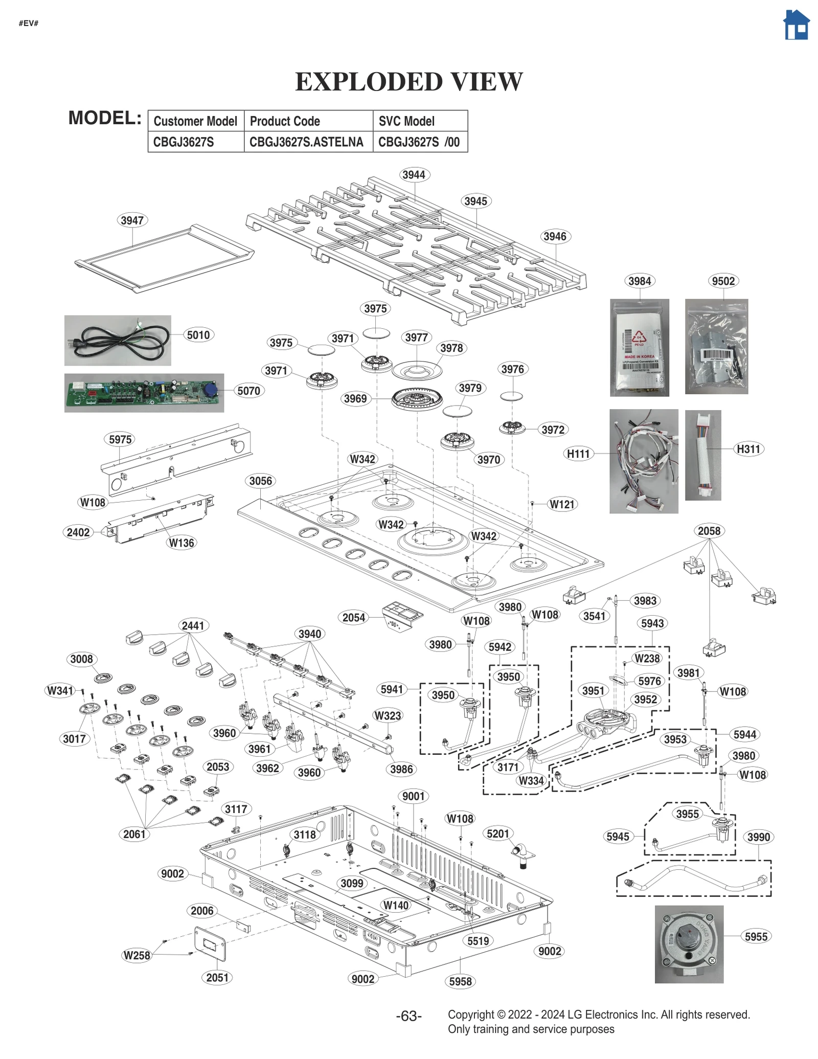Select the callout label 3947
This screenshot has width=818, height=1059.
coord(132,220)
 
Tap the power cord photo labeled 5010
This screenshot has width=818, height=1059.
coord(118,340)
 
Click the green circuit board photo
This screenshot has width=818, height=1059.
coord(144,393)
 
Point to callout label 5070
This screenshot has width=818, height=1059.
coord(248,391)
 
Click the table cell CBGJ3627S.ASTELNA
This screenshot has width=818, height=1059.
coord(307,142)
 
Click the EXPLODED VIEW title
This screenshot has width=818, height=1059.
coord(409,82)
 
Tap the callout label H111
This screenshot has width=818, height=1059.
coord(578,454)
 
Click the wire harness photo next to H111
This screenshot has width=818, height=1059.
coord(643,461)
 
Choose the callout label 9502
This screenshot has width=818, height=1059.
coord(723,281)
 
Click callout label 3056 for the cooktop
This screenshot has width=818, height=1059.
coord(261,481)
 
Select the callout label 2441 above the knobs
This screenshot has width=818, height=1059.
coord(193,625)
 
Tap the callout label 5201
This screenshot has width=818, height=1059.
coord(497,833)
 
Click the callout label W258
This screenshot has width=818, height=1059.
coord(137,955)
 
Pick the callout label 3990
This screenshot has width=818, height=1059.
coord(758,837)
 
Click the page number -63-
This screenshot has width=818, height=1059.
coord(408,1016)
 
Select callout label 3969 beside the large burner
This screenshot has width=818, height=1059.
coord(355,398)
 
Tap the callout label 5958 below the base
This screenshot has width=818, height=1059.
coord(460,981)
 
